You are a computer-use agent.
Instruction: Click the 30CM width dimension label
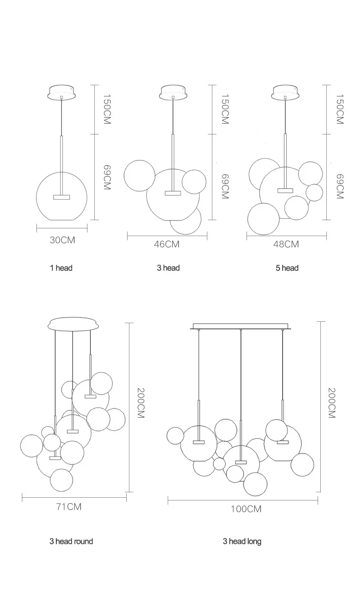[62, 240]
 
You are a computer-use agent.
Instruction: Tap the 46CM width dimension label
[166, 244]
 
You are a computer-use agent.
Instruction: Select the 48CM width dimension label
[286, 244]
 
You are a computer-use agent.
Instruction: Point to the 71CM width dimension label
[69, 507]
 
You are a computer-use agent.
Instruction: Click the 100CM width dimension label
[246, 509]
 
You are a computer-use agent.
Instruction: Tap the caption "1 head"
[61, 268]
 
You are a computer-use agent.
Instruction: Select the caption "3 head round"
[71, 541]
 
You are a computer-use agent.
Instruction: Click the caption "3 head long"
[242, 541]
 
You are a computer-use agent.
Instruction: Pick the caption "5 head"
[287, 268]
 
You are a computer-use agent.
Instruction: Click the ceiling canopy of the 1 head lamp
[62, 93]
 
